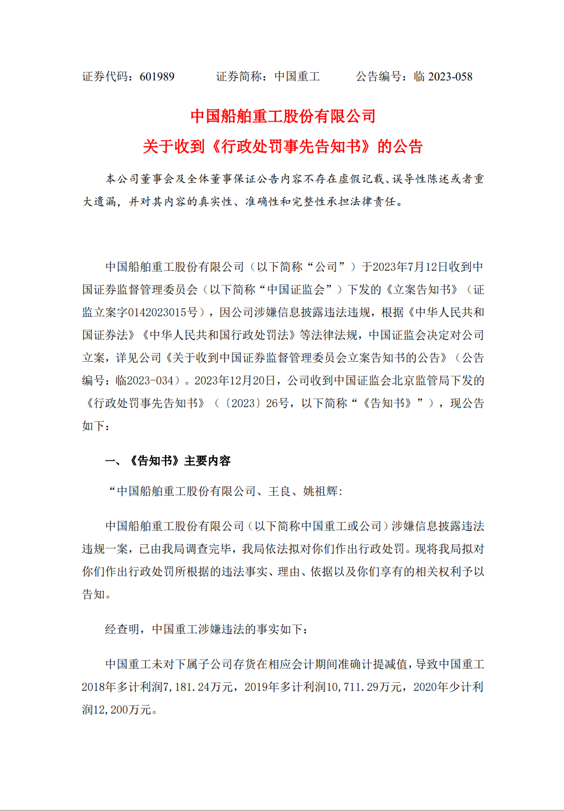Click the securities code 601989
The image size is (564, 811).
click(x=157, y=77)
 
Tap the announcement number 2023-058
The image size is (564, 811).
click(x=450, y=77)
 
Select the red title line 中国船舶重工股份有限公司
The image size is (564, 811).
click(x=283, y=117)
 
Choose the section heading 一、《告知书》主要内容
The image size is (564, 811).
click(x=168, y=461)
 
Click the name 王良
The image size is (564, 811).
click(x=279, y=491)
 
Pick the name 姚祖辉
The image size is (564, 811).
click(x=320, y=491)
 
